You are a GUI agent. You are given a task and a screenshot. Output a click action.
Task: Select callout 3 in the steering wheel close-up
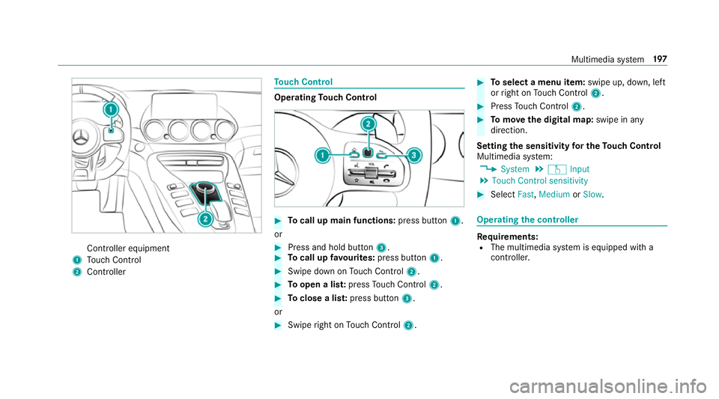(414, 156)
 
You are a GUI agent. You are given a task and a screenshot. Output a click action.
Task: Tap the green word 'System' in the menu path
(515, 169)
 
